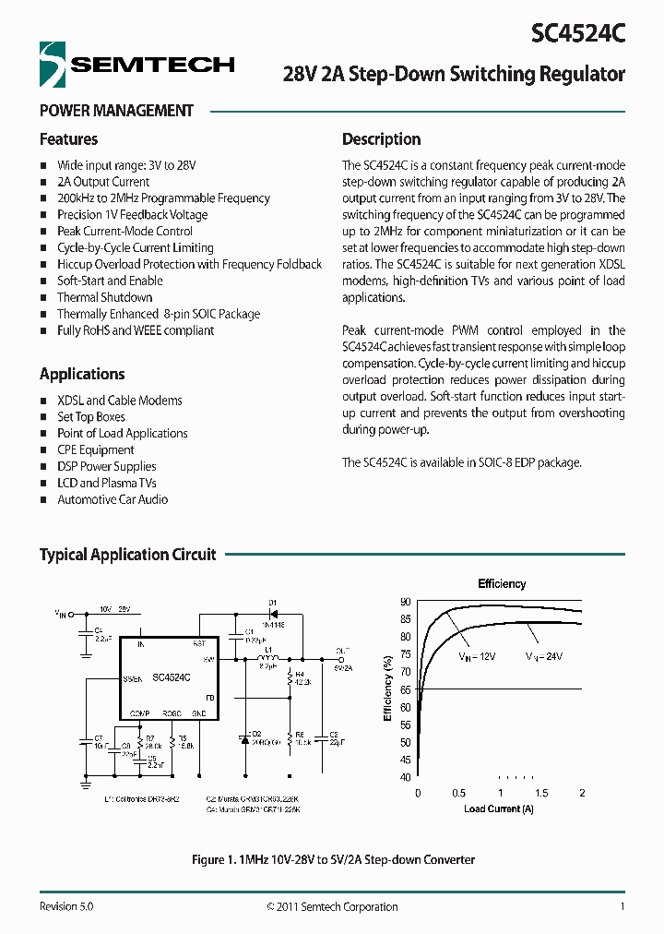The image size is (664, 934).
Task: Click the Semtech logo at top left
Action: [x=136, y=65]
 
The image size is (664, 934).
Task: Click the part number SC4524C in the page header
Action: [x=578, y=34]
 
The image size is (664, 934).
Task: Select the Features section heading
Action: [x=68, y=139]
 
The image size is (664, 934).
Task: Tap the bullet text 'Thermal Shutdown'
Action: [x=104, y=297]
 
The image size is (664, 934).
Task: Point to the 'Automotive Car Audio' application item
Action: [x=113, y=499]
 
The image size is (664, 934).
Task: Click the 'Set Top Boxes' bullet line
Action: [x=91, y=417]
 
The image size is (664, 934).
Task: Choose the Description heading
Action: [x=381, y=139]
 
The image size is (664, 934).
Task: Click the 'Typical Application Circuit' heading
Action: [x=127, y=555]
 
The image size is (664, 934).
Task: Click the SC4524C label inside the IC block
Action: [x=171, y=677]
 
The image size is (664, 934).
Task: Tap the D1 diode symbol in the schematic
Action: [x=273, y=613]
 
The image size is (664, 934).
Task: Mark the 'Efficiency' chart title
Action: [x=502, y=584]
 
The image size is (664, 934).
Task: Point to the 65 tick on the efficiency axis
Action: [x=405, y=689]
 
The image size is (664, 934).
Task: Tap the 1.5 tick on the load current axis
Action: [x=540, y=794]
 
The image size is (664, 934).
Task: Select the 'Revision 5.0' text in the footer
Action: [x=66, y=906]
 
